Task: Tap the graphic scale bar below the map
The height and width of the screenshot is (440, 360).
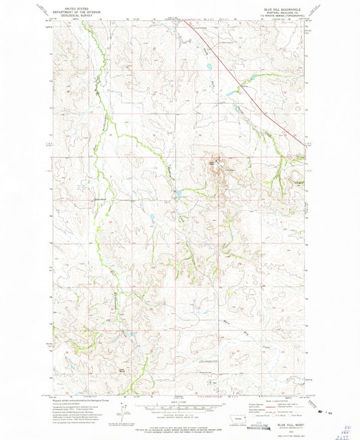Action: [x=180, y=407]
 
